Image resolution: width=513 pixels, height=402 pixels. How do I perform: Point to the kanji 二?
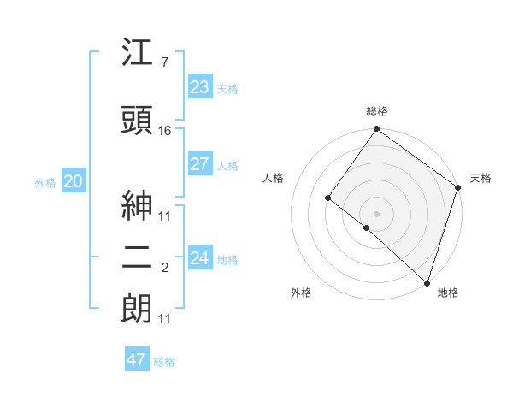pyautogui.click(x=138, y=258)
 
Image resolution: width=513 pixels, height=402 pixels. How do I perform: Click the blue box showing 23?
pyautogui.click(x=200, y=87)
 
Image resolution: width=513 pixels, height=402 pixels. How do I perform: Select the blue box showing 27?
pyautogui.click(x=200, y=164)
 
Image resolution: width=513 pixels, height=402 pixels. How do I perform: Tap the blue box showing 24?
pyautogui.click(x=200, y=257)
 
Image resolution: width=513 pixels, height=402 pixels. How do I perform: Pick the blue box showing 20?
pyautogui.click(x=74, y=181)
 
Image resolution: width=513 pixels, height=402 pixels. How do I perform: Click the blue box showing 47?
pyautogui.click(x=137, y=360)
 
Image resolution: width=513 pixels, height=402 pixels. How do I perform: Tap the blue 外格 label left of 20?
pyautogui.click(x=45, y=182)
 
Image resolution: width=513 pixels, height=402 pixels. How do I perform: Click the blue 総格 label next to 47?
pyautogui.click(x=164, y=362)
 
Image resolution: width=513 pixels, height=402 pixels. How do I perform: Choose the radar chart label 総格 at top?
pyautogui.click(x=377, y=111)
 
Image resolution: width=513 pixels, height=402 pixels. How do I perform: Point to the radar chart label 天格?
pyautogui.click(x=481, y=178)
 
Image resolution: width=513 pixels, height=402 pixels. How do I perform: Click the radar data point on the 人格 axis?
pyautogui.click(x=327, y=198)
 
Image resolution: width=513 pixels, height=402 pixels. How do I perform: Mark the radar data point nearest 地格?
pyautogui.click(x=426, y=282)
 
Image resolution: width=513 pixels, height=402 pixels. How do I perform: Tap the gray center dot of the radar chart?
pyautogui.click(x=376, y=213)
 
